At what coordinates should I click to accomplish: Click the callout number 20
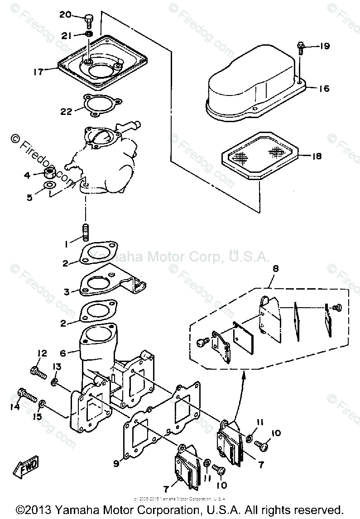pyautogui.click(x=65, y=14)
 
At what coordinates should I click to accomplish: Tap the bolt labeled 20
pyautogui.click(x=89, y=19)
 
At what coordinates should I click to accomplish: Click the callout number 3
pyautogui.click(x=67, y=292)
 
